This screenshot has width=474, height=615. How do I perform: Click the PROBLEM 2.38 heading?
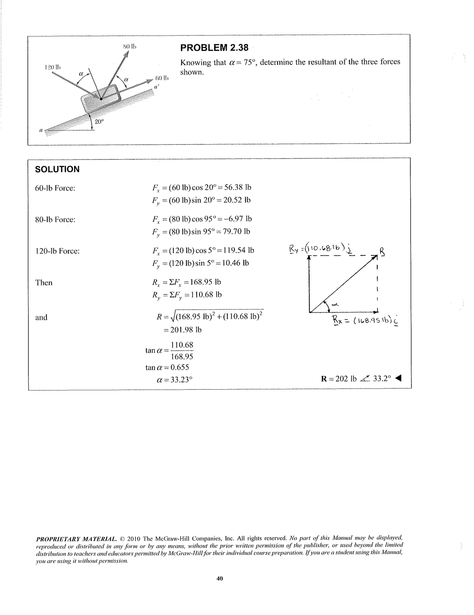pyautogui.click(x=214, y=48)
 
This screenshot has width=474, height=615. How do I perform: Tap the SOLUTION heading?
pyautogui.click(x=57, y=169)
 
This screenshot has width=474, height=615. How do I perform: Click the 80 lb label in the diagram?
pyautogui.click(x=130, y=46)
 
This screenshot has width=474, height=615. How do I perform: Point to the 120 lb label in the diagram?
pyautogui.click(x=53, y=67)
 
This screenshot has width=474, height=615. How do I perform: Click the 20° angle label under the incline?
pyautogui.click(x=99, y=122)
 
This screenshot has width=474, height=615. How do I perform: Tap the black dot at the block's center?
pyautogui.click(x=101, y=99)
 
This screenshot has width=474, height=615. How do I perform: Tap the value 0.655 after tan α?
pyautogui.click(x=180, y=367)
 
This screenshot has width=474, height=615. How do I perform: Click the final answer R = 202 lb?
pyautogui.click(x=339, y=379)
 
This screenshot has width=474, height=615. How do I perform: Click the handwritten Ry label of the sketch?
pyautogui.click(x=293, y=249)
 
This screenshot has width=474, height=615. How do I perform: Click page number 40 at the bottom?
pyautogui.click(x=220, y=578)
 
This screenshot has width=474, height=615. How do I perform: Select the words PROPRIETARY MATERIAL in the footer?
pyautogui.click(x=76, y=539)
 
